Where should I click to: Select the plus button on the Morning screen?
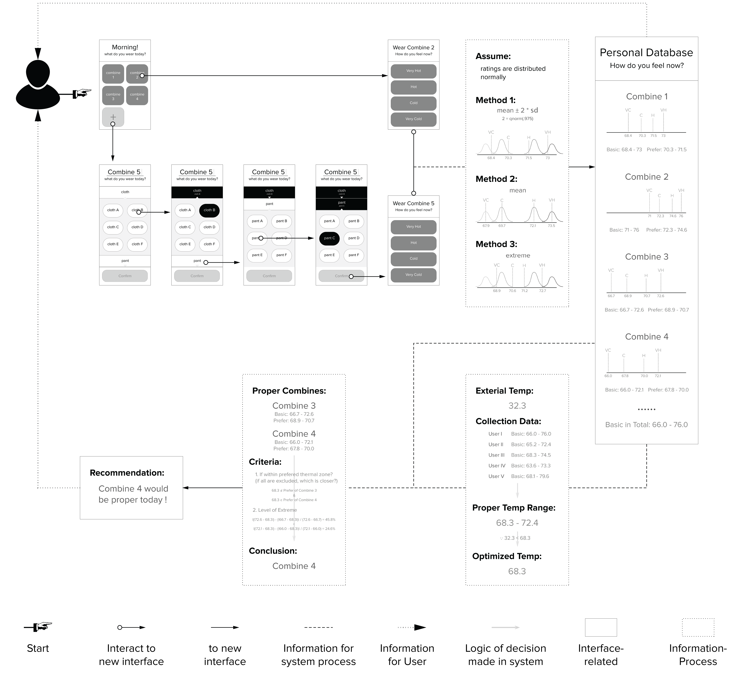tap(113, 117)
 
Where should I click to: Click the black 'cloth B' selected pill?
tap(209, 210)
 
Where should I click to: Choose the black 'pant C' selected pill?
tap(329, 238)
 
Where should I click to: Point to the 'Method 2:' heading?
tap(496, 179)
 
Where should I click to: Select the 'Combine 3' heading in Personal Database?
tap(647, 257)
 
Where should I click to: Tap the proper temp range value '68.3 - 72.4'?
tap(517, 523)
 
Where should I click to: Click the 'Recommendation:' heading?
tap(127, 473)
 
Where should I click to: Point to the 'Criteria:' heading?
tap(265, 462)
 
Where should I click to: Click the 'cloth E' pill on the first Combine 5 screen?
tap(113, 244)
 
